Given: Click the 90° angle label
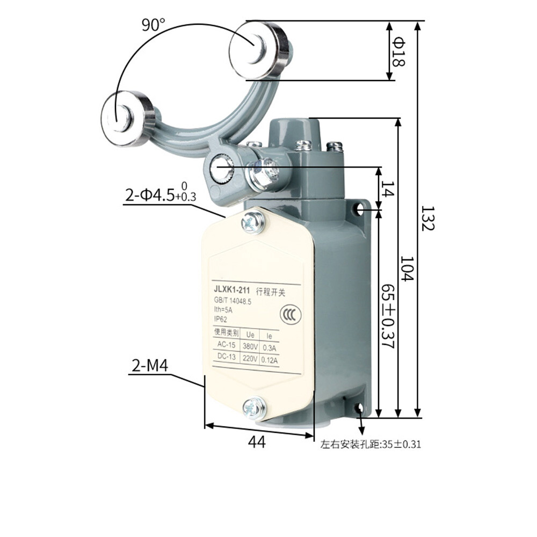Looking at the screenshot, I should click(x=154, y=25).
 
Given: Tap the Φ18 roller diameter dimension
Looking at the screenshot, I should click(x=398, y=51).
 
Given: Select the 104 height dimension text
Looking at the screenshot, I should click(x=407, y=268).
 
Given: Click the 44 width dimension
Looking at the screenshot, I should click(x=257, y=442).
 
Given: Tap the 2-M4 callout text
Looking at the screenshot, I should click(x=150, y=366).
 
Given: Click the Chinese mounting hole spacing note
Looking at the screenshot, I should click(x=371, y=445).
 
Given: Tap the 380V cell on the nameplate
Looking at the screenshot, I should click(x=250, y=346).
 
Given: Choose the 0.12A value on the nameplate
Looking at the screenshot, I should click(x=269, y=360).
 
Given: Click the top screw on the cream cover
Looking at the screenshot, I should click(x=252, y=222).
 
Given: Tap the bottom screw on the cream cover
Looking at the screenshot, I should click(x=253, y=408).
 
